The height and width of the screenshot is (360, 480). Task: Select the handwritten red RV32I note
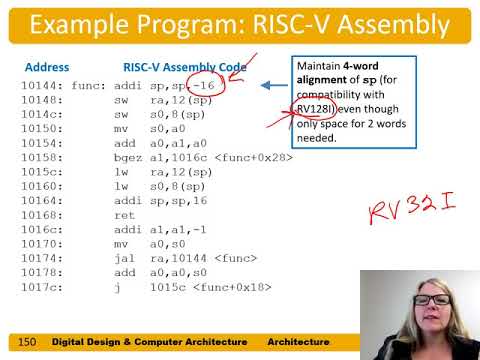click(x=411, y=211)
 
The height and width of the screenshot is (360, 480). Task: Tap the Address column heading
click(x=46, y=67)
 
